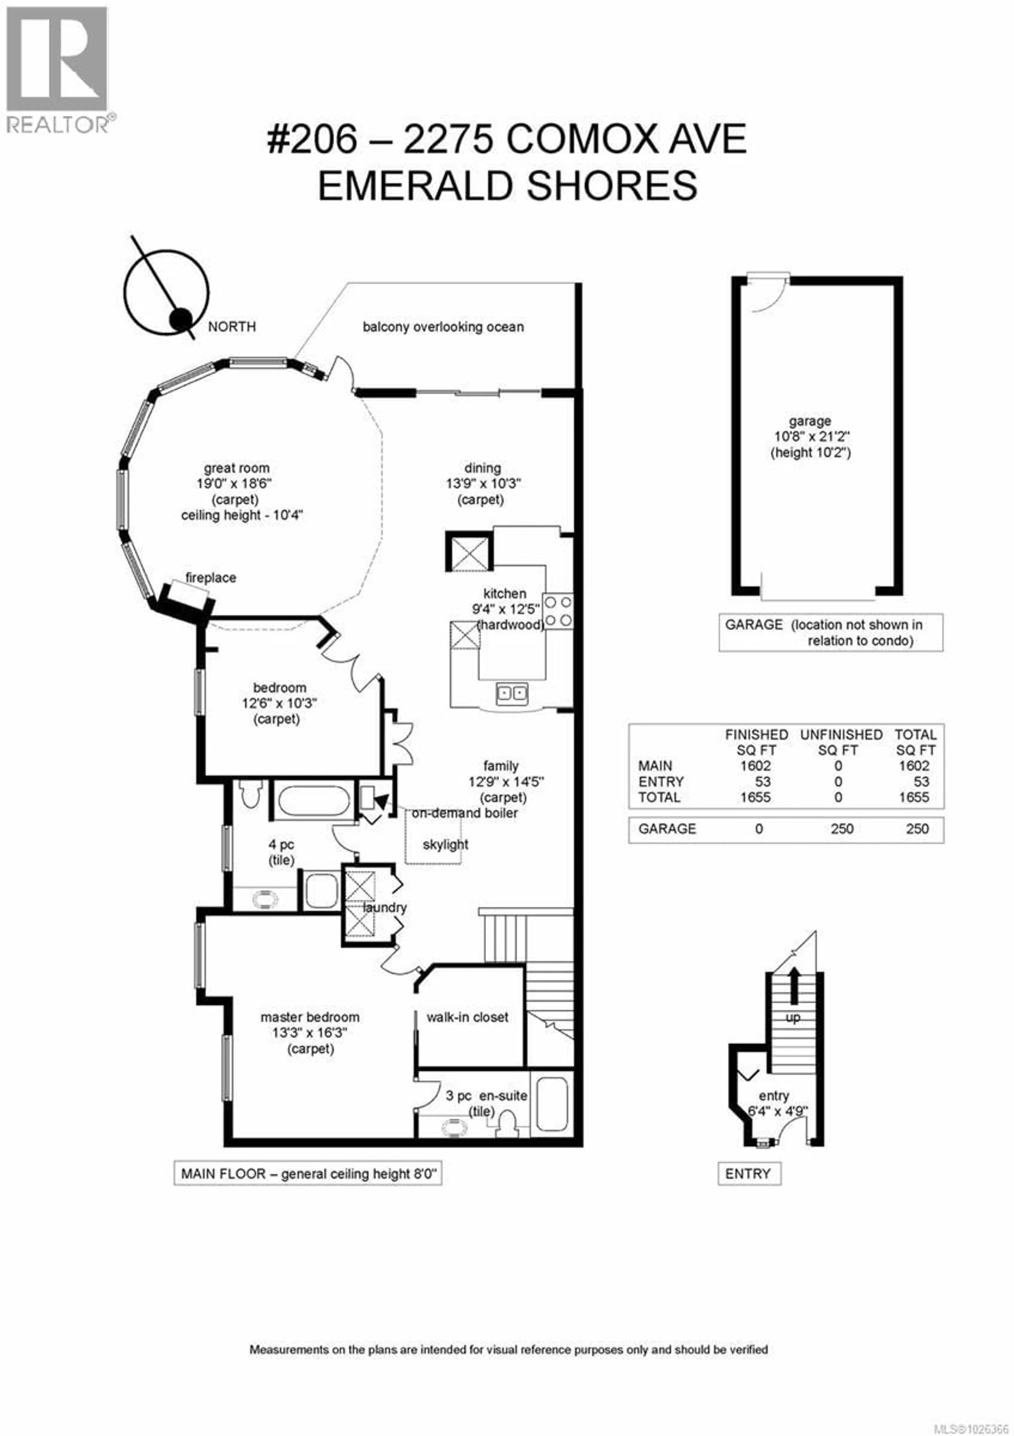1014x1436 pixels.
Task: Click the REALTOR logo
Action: (x=58, y=69)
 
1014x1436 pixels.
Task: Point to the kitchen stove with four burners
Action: (x=558, y=611)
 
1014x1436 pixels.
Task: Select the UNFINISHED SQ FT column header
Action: (x=841, y=742)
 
